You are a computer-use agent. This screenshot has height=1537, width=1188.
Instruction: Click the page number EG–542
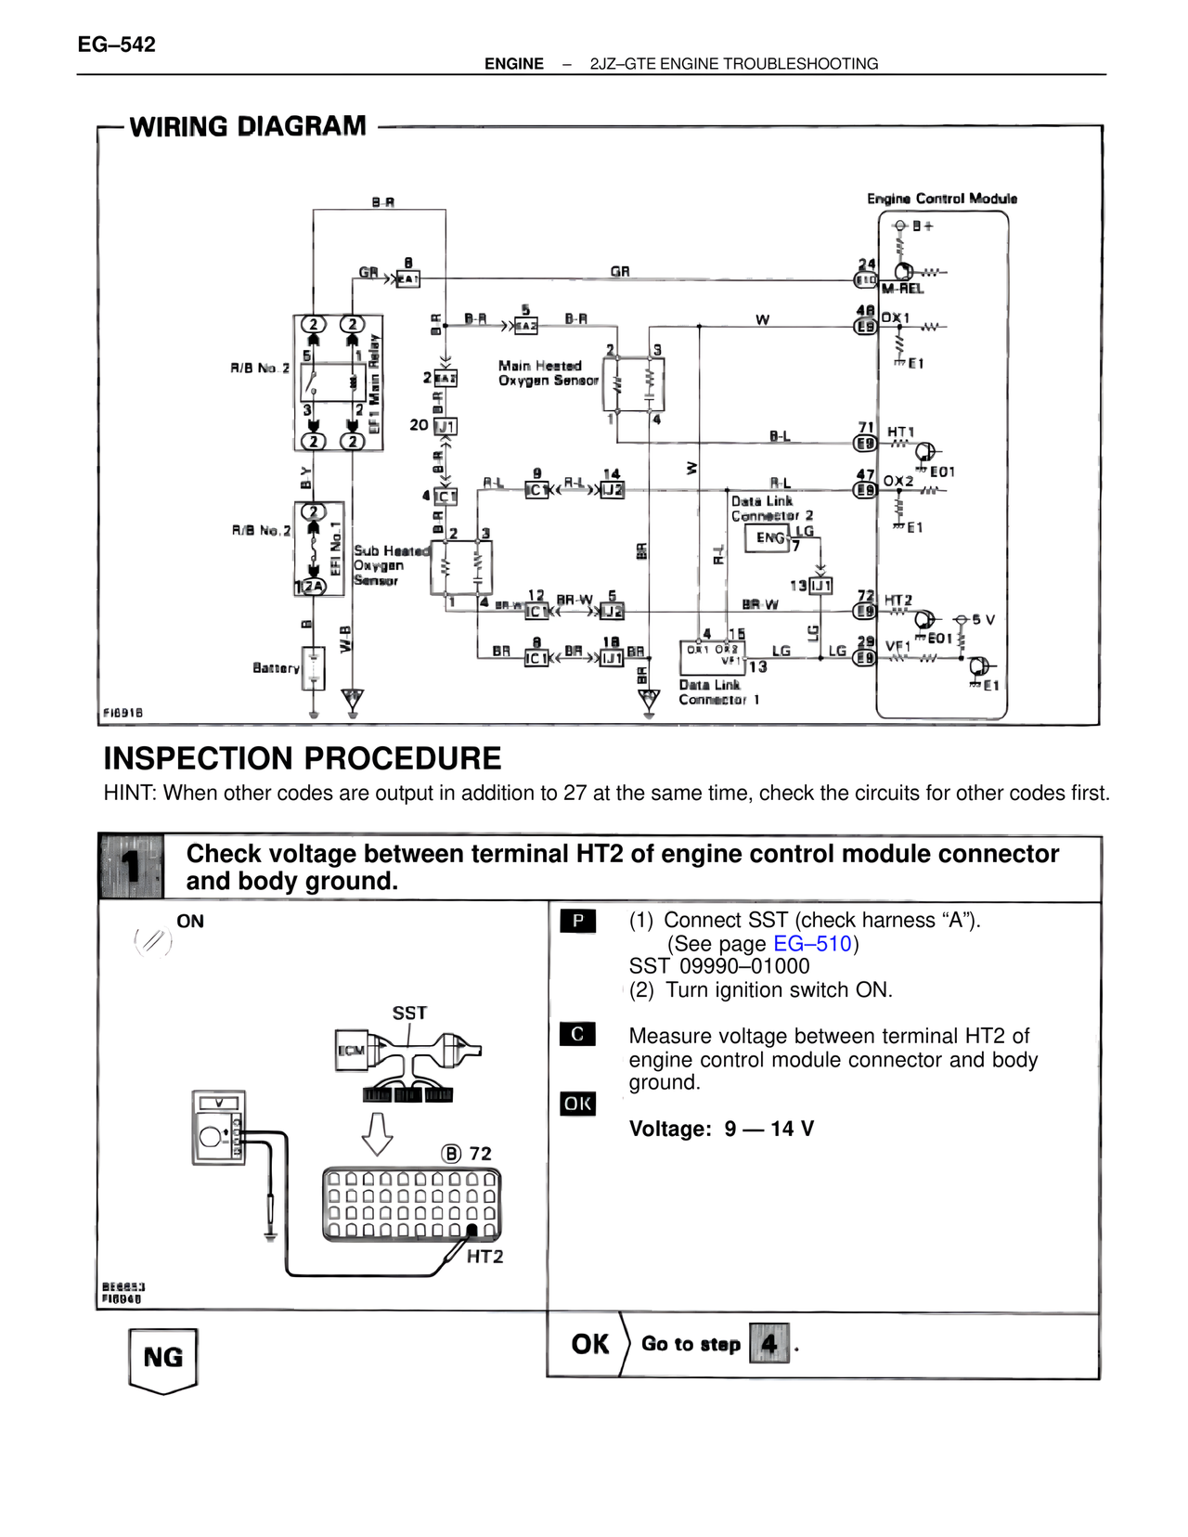click(117, 45)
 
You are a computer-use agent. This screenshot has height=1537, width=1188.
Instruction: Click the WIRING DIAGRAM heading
click(248, 126)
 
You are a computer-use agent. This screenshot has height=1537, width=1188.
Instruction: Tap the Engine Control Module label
click(941, 199)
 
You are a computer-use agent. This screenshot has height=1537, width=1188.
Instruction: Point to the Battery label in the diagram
click(276, 667)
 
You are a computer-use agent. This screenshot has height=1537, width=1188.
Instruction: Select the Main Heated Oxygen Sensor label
click(548, 373)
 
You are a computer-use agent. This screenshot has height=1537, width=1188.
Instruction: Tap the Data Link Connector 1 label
click(718, 692)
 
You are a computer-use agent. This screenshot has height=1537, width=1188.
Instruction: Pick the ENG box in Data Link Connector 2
click(768, 538)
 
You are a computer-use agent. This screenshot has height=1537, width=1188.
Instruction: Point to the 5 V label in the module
click(983, 619)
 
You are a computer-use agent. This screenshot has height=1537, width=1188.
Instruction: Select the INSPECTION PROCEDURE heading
click(303, 758)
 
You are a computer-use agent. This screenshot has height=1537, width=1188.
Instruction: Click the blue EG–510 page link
click(812, 944)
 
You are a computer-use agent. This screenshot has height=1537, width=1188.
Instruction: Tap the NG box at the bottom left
click(163, 1358)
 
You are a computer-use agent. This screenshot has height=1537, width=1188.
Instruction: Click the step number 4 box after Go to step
click(768, 1343)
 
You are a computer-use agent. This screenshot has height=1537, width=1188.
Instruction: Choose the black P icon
click(578, 921)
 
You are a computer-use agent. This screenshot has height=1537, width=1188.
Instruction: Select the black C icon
click(577, 1034)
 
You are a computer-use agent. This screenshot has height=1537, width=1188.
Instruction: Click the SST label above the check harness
click(409, 1013)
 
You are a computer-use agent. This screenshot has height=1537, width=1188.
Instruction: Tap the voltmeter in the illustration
click(219, 1127)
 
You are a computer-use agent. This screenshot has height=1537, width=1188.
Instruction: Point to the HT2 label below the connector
click(484, 1257)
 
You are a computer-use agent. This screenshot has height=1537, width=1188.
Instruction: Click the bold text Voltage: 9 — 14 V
click(721, 1129)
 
